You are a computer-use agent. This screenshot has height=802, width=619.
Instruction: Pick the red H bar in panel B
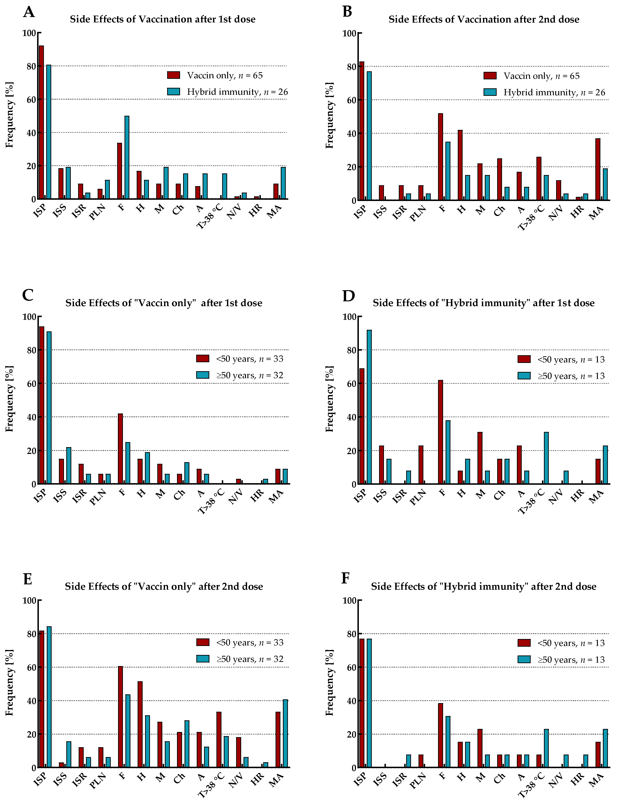point(460,165)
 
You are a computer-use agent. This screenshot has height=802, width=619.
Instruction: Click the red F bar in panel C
point(120,449)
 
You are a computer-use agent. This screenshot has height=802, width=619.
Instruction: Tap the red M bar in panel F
point(480,748)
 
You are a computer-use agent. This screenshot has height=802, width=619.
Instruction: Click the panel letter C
point(28,295)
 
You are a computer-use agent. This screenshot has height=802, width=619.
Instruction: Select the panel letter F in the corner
point(345,578)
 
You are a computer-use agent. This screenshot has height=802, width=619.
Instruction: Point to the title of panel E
point(164,586)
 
